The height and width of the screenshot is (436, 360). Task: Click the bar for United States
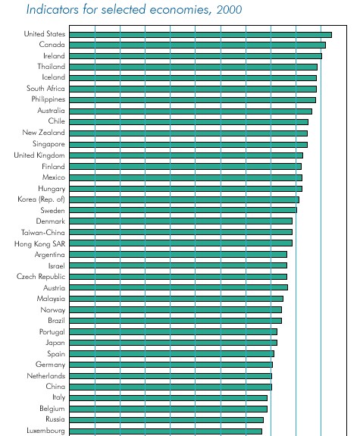point(200,35)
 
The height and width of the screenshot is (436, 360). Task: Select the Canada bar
point(197,45)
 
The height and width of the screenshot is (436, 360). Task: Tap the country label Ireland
point(54,56)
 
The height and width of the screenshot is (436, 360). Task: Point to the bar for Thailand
point(193,67)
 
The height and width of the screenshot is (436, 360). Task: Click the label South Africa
point(45,89)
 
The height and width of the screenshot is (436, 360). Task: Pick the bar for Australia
point(191,111)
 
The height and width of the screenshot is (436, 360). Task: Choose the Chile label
point(56,121)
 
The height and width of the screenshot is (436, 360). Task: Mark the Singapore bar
point(189,145)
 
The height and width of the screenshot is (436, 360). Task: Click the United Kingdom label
point(39,155)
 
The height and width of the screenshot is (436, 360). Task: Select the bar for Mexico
point(186,177)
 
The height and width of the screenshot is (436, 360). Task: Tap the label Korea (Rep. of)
point(41,199)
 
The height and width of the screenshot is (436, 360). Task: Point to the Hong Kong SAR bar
point(180,243)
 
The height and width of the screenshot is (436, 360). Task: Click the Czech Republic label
point(41,277)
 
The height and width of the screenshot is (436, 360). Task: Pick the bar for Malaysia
point(177,299)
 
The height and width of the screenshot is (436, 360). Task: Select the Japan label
point(55,343)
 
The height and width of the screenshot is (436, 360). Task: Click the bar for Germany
point(171,365)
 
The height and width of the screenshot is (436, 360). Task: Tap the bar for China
point(171,387)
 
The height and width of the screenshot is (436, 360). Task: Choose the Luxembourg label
point(46,431)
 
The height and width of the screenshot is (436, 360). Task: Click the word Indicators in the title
point(52,9)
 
